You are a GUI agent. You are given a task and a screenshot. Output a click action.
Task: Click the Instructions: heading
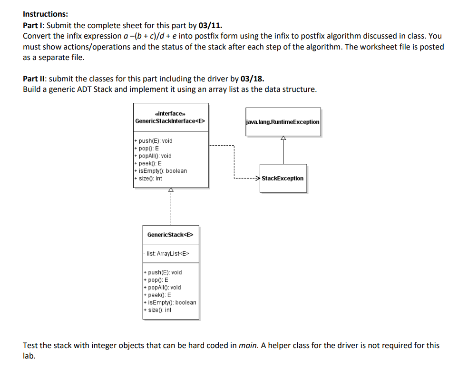(45, 14)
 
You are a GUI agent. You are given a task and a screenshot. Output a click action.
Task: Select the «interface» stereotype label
(170, 113)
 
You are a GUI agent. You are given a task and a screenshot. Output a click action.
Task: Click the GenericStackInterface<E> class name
(170, 121)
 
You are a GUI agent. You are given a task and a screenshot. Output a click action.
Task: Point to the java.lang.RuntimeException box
(283, 122)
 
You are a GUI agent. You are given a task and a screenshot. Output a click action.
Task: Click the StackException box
(283, 179)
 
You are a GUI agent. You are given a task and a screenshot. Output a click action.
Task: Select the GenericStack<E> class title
(170, 235)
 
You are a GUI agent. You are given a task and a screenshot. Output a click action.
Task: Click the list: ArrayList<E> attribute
(168, 254)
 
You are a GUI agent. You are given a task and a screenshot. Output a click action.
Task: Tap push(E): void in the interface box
(155, 141)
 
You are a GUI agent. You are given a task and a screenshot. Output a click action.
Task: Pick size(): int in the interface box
(150, 179)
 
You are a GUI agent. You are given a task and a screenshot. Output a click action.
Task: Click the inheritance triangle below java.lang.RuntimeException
(283, 139)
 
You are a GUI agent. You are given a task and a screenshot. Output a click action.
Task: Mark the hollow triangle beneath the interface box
(171, 190)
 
